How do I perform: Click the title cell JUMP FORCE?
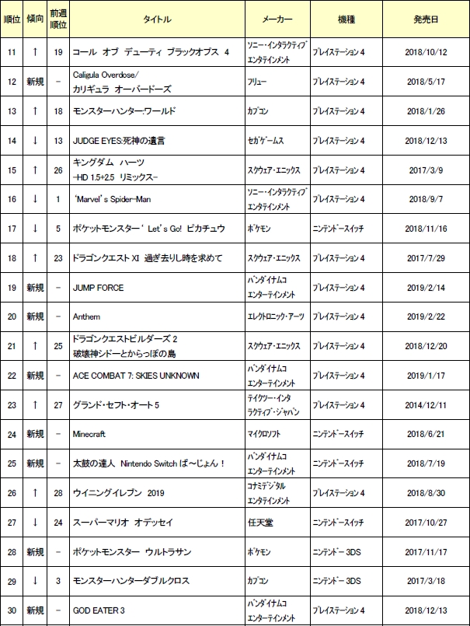click(x=98, y=288)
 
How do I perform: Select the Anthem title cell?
click(x=86, y=317)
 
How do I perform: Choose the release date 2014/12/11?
click(x=426, y=405)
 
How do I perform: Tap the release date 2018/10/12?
click(x=426, y=52)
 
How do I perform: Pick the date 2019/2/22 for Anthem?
click(x=426, y=317)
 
